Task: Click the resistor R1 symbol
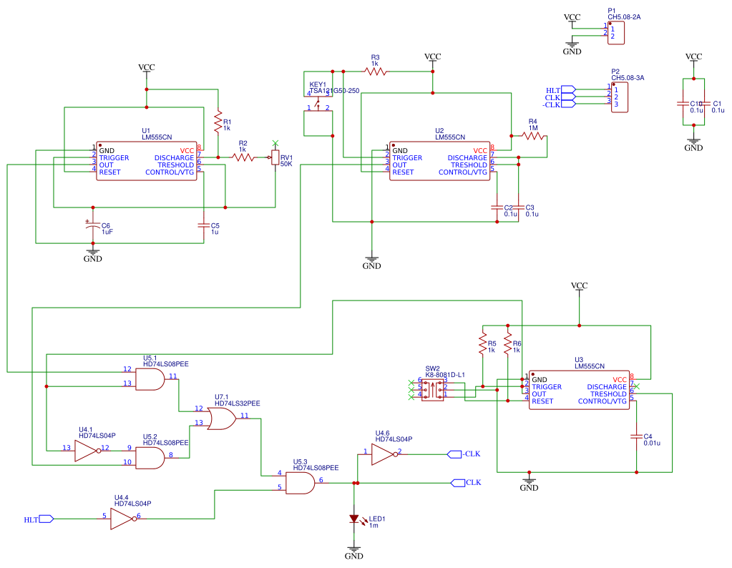(x=218, y=123)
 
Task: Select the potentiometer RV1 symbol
(x=275, y=157)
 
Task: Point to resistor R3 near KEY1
(x=374, y=71)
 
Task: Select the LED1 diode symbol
(x=354, y=518)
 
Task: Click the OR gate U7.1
(x=222, y=418)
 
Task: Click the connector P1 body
(x=616, y=33)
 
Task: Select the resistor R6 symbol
(x=507, y=346)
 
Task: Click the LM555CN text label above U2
(x=450, y=137)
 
